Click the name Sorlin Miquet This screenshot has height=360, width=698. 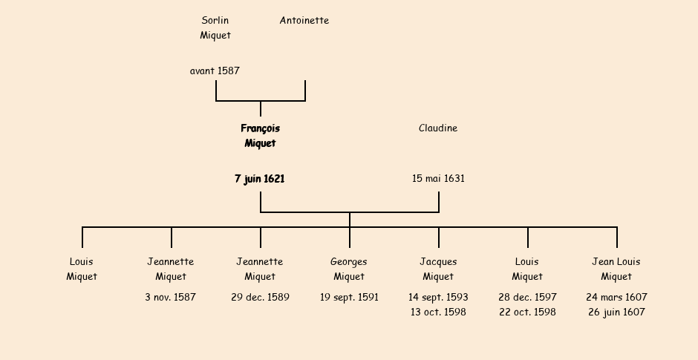click(215, 27)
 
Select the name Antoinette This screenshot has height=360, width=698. click(304, 21)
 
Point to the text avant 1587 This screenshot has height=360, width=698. click(215, 71)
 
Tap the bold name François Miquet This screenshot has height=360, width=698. click(260, 136)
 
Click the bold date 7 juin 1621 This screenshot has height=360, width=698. click(260, 179)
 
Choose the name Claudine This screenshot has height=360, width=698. click(438, 128)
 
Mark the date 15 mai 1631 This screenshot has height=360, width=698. click(438, 179)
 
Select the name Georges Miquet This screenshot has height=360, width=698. click(349, 269)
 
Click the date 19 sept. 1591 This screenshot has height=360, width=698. click(349, 298)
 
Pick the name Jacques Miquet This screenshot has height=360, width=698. click(438, 269)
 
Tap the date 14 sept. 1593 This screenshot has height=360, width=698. click(438, 298)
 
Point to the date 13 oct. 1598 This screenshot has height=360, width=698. click(438, 312)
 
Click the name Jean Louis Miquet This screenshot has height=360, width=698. click(616, 269)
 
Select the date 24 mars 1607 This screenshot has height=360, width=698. click(616, 298)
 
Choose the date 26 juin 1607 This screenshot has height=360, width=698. click(616, 312)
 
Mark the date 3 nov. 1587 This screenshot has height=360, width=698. click(171, 298)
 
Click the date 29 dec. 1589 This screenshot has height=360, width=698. click(260, 298)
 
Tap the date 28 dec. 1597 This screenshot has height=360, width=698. click(527, 298)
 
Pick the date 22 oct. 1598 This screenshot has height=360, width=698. click(527, 312)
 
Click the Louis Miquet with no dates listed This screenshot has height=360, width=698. click(82, 269)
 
